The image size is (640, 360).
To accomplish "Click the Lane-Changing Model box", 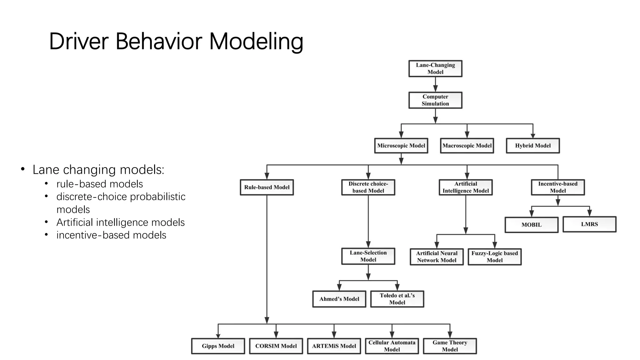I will click(x=435, y=69).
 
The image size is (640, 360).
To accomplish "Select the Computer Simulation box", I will click(x=435, y=100).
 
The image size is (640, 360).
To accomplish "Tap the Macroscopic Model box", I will click(x=467, y=146).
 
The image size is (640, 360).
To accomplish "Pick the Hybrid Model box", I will click(x=533, y=146).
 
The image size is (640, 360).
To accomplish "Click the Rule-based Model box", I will click(x=267, y=187).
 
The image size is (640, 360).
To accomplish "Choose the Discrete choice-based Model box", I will click(x=368, y=187).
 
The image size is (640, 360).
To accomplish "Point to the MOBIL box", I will click(x=531, y=225).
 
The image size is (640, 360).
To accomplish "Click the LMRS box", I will click(x=589, y=224).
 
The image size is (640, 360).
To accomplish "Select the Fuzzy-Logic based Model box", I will click(x=495, y=257).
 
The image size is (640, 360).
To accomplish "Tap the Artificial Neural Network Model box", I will click(x=437, y=257).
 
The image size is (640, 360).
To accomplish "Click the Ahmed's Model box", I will click(x=339, y=299).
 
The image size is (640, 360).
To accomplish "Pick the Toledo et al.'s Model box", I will click(x=397, y=299).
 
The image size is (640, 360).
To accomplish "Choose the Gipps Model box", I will click(x=218, y=346).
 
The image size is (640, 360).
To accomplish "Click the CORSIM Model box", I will click(x=276, y=346).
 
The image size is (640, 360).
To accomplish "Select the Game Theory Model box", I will click(x=450, y=346).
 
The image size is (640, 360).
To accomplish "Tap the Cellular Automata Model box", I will click(x=392, y=346).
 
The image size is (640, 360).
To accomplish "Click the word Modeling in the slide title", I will click(x=256, y=42).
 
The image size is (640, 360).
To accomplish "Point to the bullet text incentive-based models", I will click(x=111, y=235).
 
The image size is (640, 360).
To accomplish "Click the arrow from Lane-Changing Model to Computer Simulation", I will click(x=435, y=84).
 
